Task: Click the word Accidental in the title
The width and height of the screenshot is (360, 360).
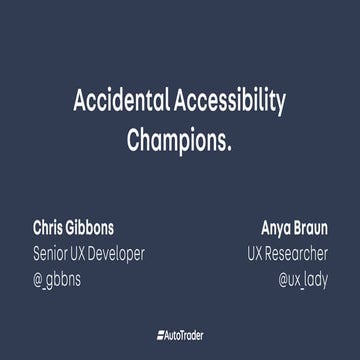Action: tap(123, 101)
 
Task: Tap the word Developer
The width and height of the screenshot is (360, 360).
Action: tap(114, 253)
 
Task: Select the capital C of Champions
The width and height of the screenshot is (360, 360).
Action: tap(134, 139)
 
